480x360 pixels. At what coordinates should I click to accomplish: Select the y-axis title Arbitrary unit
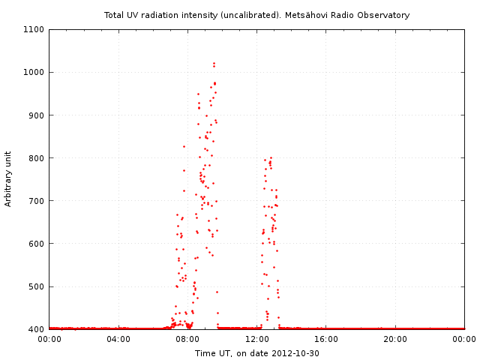click(8, 178)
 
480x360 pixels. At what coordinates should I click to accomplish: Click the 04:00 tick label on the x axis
click(118, 339)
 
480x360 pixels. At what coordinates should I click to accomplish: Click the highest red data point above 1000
click(214, 63)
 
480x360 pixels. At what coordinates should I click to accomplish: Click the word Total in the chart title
click(115, 15)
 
